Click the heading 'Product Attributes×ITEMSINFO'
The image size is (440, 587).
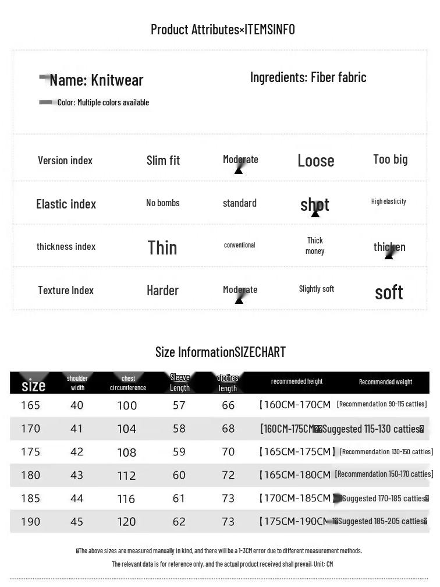222,29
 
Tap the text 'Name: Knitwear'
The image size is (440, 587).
96,80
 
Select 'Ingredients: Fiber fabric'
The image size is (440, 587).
308,77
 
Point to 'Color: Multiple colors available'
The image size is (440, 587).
103,102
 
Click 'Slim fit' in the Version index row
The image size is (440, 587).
163,160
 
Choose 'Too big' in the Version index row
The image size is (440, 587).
390,159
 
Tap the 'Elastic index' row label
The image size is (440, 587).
66,204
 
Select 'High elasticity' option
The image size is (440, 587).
388,201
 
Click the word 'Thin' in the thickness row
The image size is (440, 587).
162,247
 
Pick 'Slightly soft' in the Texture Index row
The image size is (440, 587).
316,289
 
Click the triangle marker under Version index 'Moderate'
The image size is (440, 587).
238,171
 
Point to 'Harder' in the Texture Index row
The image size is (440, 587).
162,290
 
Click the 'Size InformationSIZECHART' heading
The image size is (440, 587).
220,352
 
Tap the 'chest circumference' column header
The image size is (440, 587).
128,383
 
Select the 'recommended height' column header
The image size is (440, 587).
296,381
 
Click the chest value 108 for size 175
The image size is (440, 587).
126,452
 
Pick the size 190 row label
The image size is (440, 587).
30,522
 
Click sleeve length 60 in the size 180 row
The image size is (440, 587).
179,475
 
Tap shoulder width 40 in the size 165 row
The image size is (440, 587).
77,405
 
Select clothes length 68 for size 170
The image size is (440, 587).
228,429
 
